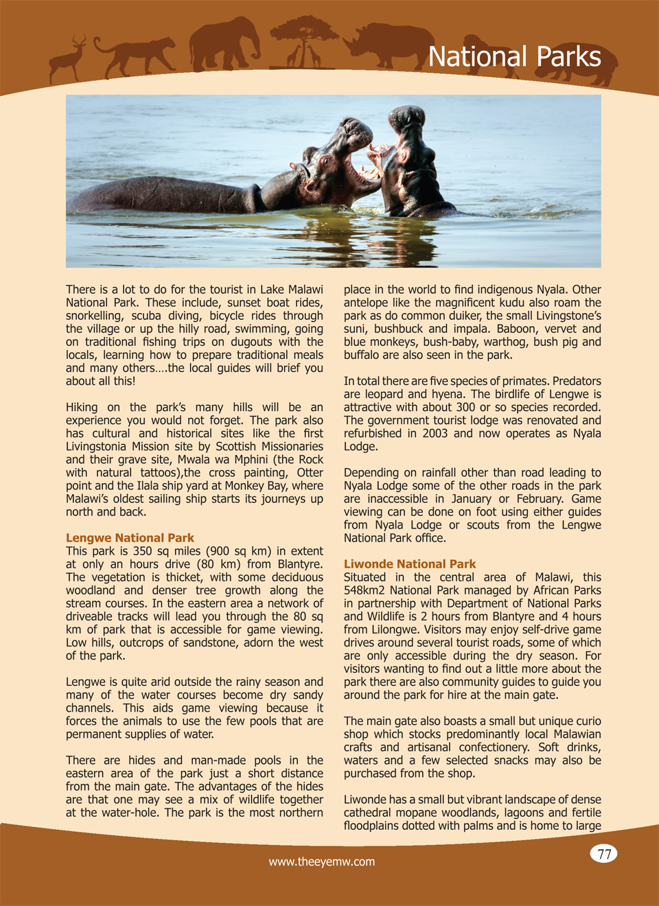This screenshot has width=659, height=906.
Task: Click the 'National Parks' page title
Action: (514, 57)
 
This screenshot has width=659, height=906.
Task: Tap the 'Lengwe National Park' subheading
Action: (130, 538)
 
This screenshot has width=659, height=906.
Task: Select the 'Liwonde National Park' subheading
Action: (410, 564)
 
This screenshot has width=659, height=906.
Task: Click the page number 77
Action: (604, 854)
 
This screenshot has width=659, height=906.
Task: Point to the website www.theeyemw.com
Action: (322, 862)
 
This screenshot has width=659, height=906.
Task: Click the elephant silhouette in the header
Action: (223, 45)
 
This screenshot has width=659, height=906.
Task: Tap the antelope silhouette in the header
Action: (69, 59)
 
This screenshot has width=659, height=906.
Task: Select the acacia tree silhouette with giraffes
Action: (303, 41)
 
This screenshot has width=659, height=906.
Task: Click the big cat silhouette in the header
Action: (134, 55)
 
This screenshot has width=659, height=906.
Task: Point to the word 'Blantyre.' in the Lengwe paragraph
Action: (300, 564)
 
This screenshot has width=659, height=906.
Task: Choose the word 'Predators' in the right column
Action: (577, 382)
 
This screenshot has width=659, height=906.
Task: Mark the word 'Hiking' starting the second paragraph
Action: (82, 408)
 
